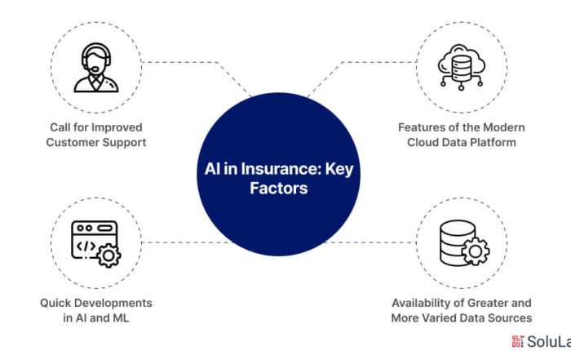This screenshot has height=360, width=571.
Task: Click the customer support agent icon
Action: [96, 68]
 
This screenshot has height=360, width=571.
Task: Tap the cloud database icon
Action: [462, 67]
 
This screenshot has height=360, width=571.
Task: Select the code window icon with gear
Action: [96, 244]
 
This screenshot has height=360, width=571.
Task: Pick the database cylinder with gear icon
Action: [464, 243]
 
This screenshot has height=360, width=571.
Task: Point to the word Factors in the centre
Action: [279, 189]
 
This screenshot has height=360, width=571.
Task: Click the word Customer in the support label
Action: [68, 142]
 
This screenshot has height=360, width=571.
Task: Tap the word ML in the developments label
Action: [121, 318]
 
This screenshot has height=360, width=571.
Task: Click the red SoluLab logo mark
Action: [517, 341]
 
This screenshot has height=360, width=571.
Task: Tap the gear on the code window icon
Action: [108, 256]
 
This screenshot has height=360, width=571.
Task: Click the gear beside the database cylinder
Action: [476, 251]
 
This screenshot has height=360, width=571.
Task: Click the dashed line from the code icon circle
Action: [186, 242]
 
